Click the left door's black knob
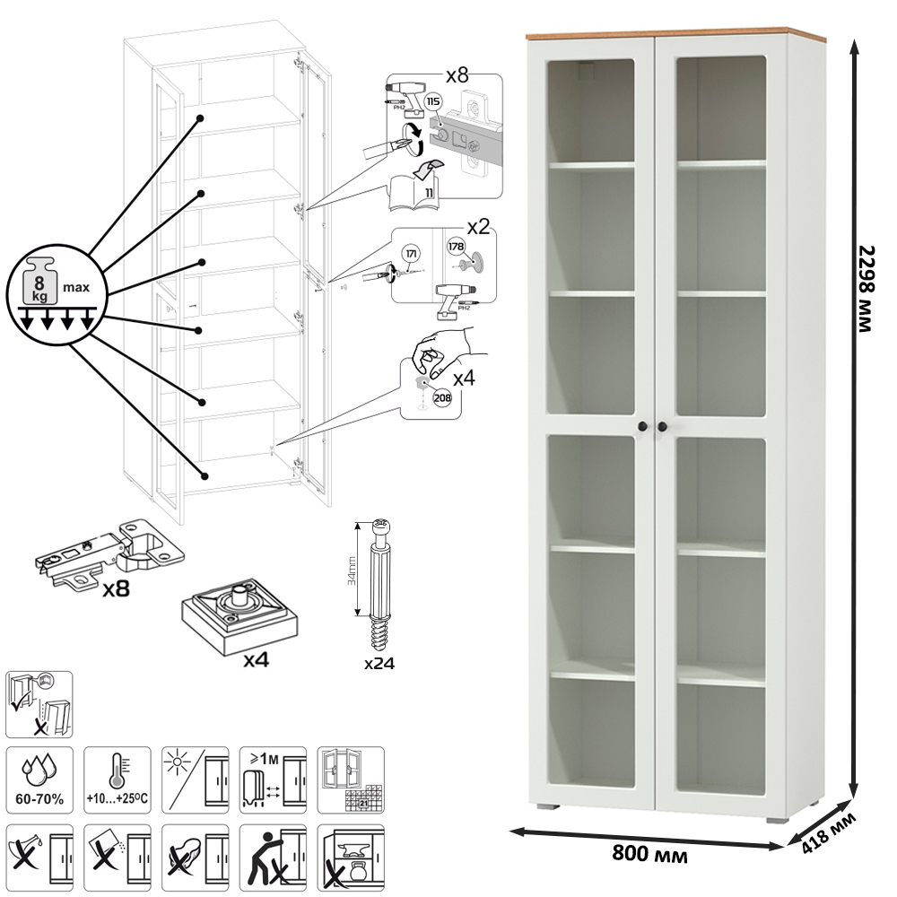coord(643,426)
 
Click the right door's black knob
coord(664,426)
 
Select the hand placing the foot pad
coord(444,350)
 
